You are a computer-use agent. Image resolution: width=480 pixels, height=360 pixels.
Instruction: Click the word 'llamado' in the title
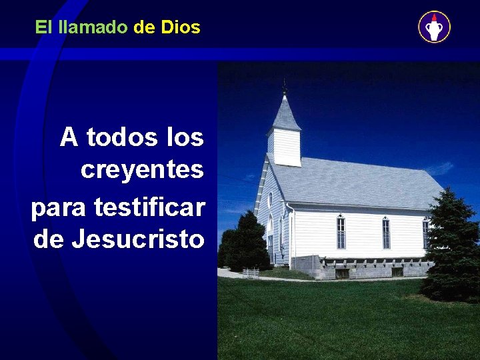pyautogui.click(x=93, y=27)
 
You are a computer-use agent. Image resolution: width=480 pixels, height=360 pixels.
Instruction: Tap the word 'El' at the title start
pyautogui.click(x=43, y=27)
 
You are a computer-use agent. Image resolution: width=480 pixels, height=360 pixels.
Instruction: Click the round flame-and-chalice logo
pyautogui.click(x=434, y=27)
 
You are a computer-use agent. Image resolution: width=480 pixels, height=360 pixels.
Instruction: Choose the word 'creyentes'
pyautogui.click(x=142, y=171)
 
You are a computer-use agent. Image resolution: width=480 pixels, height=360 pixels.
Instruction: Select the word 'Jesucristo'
pyautogui.click(x=137, y=239)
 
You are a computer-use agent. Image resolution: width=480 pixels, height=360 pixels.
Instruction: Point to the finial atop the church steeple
pyautogui.click(x=285, y=87)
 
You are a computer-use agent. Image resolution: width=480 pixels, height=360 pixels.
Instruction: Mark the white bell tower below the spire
pyautogui.click(x=286, y=147)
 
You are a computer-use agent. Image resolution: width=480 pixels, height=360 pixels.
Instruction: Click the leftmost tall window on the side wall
pyautogui.click(x=341, y=233)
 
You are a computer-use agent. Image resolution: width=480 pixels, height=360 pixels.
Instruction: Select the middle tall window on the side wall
pyautogui.click(x=385, y=233)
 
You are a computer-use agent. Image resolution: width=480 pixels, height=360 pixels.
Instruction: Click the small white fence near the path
pyautogui.click(x=251, y=273)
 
